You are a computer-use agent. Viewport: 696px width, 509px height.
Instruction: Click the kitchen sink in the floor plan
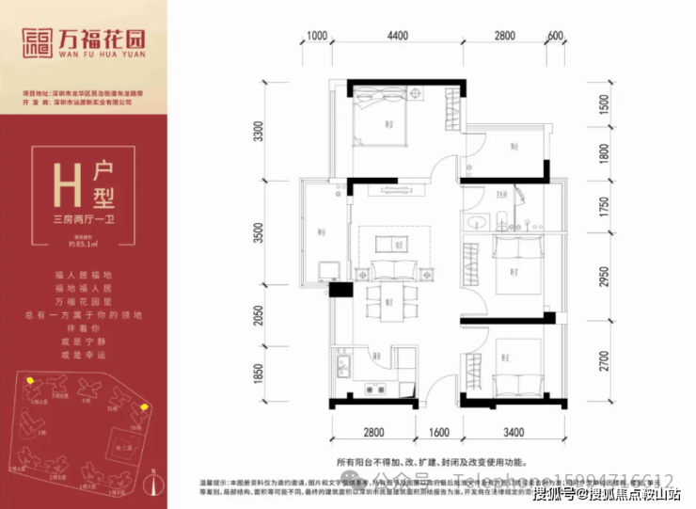(340, 364)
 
